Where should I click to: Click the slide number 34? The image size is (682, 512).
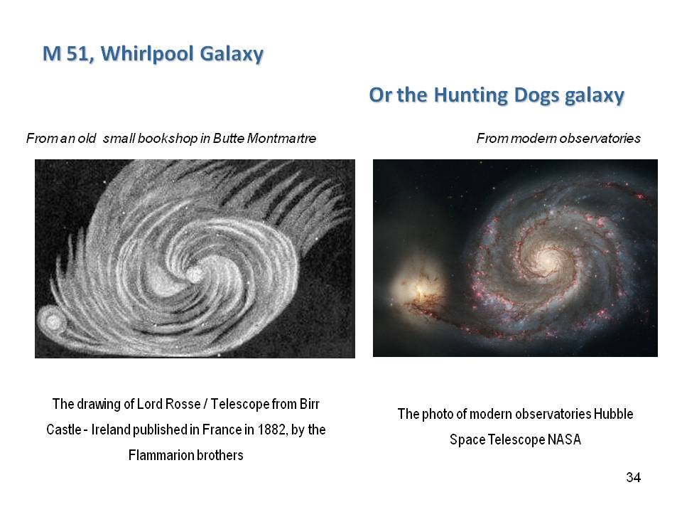[633, 477]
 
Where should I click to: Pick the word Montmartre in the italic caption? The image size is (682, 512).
[281, 139]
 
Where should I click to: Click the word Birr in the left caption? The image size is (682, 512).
[309, 404]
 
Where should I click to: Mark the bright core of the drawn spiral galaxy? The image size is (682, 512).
[195, 274]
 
